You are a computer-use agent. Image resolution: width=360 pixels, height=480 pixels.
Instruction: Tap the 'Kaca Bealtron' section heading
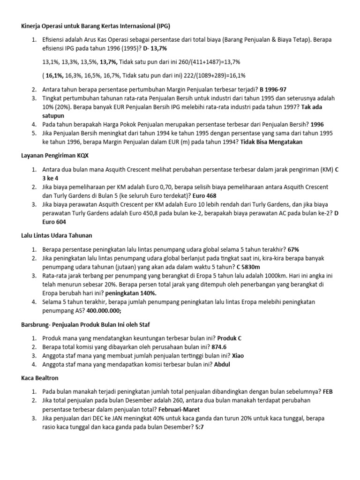(40, 377)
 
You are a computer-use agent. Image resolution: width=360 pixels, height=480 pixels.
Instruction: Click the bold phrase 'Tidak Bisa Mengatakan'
(271, 142)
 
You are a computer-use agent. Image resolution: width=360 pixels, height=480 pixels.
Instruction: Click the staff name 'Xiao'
(237, 356)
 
